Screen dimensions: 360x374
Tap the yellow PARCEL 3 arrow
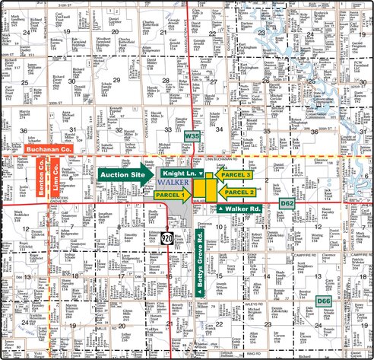[x=234, y=174]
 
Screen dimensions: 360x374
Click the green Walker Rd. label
[x=240, y=208]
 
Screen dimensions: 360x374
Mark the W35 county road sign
[x=192, y=135]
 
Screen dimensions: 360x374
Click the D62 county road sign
[x=287, y=203]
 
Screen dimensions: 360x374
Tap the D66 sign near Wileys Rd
[x=323, y=301]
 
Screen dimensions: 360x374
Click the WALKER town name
[x=171, y=183]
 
